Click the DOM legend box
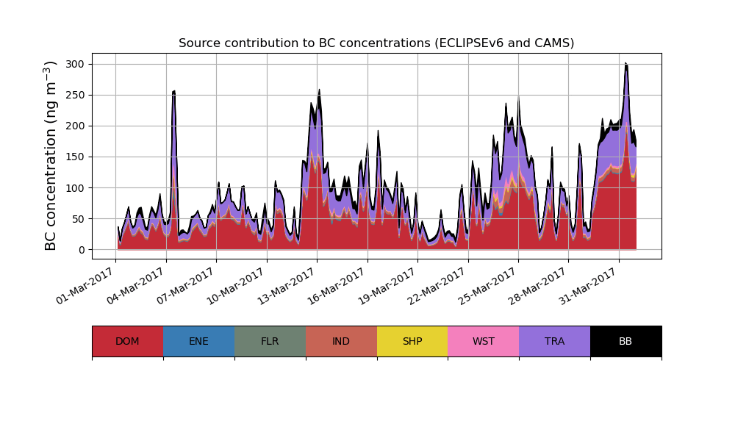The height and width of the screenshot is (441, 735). coord(127,341)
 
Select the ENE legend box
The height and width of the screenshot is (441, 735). coord(198,341)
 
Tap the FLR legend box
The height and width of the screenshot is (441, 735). coord(270,341)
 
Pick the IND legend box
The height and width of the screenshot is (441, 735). coord(341,341)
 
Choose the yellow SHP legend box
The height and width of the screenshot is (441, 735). coord(412,341)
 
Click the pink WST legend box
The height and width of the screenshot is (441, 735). coord(484,341)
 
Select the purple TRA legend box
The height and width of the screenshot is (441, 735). coord(555,341)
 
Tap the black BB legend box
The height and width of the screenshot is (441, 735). coord(625,341)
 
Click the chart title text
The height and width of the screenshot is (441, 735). coord(376,43)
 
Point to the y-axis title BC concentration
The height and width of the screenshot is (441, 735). coord(51,156)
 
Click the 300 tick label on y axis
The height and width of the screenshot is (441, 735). coord(75,64)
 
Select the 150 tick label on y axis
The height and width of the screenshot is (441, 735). coord(75,157)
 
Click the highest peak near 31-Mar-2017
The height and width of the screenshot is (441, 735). coord(625,64)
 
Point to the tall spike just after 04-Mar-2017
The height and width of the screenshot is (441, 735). coord(173,92)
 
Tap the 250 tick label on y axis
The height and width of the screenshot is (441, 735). coord(75,95)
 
